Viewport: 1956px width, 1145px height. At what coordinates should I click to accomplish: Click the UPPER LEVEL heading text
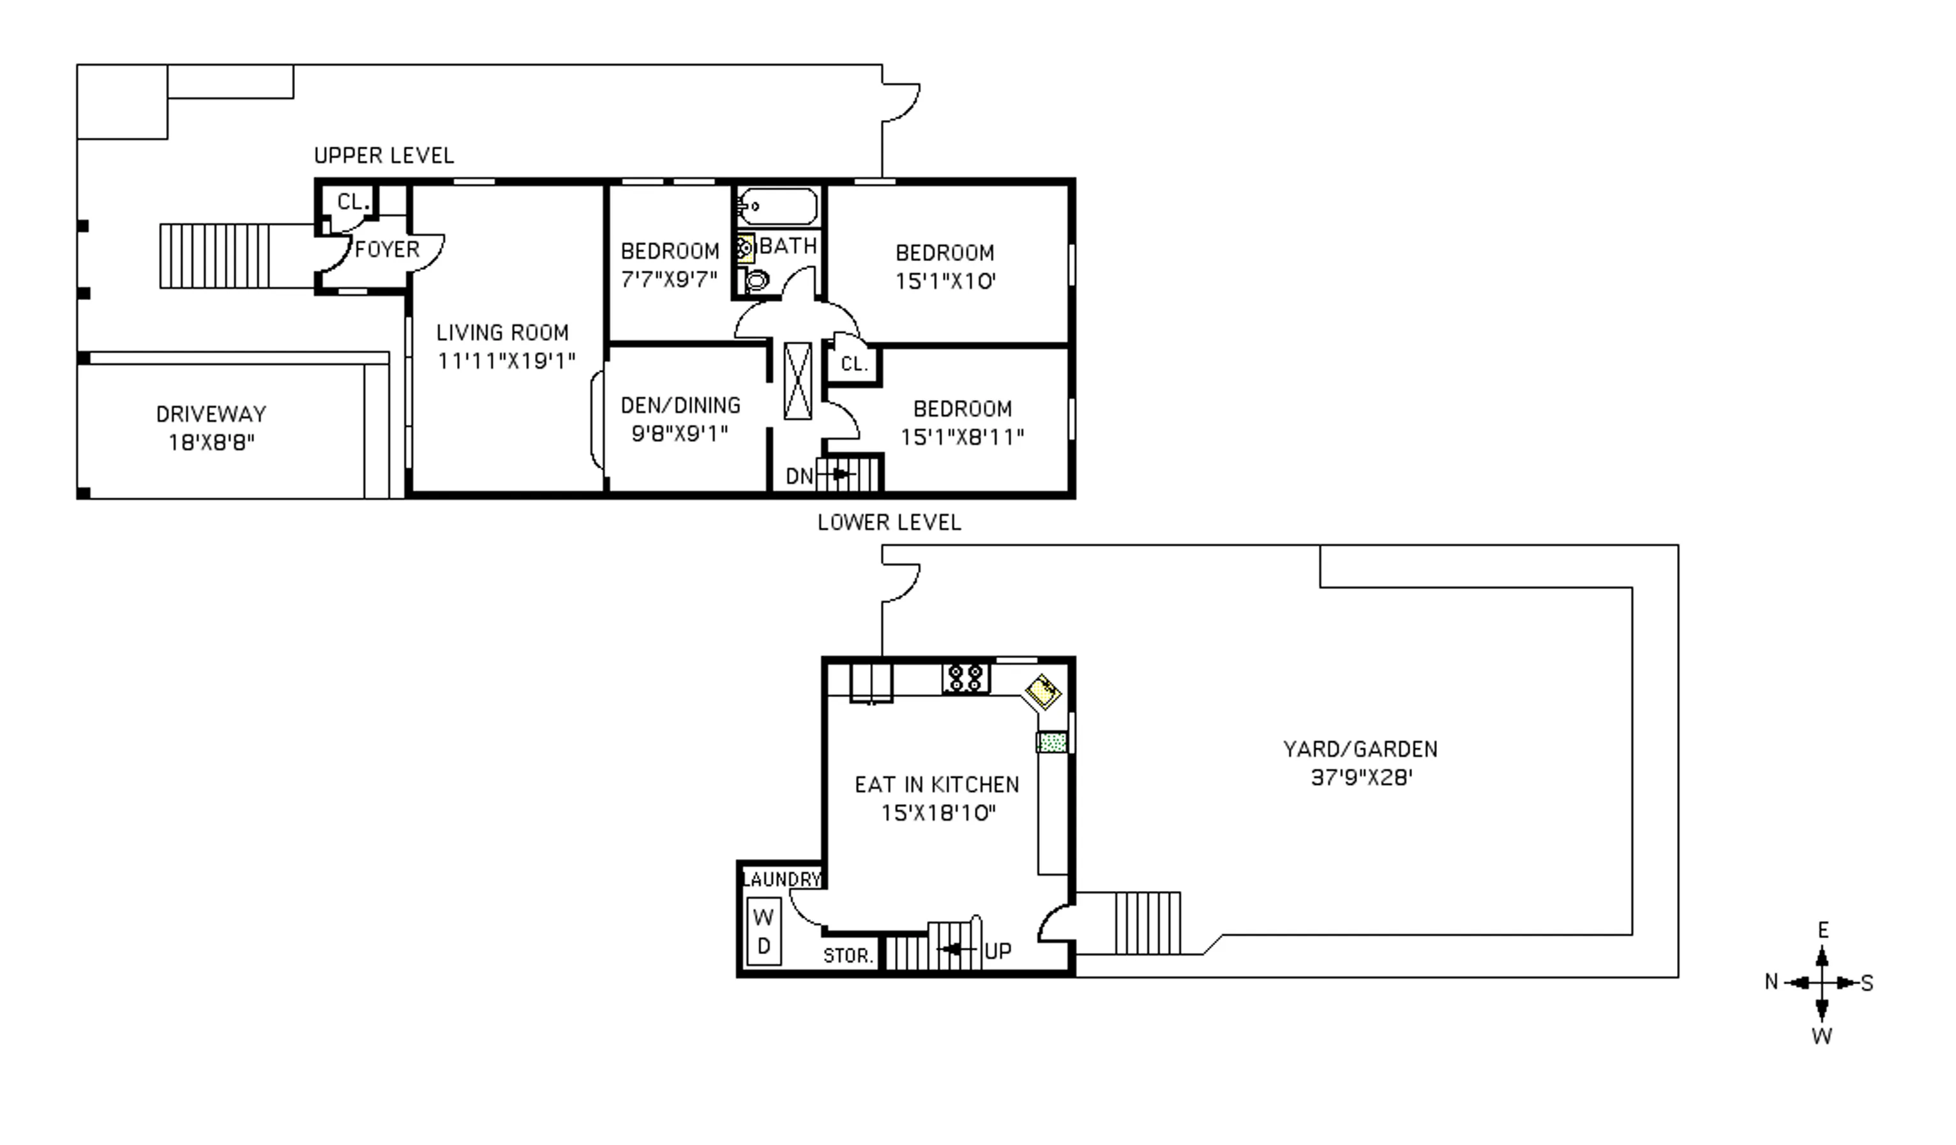[x=384, y=156]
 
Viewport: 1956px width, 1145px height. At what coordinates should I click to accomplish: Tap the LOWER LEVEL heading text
[x=889, y=523]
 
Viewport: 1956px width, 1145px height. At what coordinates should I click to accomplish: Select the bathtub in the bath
[x=777, y=207]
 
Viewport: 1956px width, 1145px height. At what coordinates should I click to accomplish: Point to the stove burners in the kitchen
[x=966, y=678]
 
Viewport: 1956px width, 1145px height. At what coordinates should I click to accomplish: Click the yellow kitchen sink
[x=1042, y=690]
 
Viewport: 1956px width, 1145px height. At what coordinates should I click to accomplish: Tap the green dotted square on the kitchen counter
[x=1052, y=742]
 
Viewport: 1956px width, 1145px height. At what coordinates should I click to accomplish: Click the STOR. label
[x=848, y=956]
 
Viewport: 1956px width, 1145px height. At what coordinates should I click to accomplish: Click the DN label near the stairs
[x=799, y=476]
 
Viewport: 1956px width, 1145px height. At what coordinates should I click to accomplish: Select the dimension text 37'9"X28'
[x=1360, y=778]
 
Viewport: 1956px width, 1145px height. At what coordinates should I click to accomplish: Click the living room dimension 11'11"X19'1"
[x=506, y=361]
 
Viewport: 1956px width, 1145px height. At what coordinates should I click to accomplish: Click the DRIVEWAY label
[x=211, y=414]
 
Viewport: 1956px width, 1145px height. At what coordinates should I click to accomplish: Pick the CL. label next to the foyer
[x=352, y=202]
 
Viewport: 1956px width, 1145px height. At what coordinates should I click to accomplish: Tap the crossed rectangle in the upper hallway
[x=797, y=381]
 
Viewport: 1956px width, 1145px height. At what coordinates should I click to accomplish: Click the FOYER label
[x=387, y=249]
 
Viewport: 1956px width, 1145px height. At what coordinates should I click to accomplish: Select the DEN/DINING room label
[x=681, y=405]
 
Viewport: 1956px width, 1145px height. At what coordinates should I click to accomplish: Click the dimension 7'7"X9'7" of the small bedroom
[x=669, y=280]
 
